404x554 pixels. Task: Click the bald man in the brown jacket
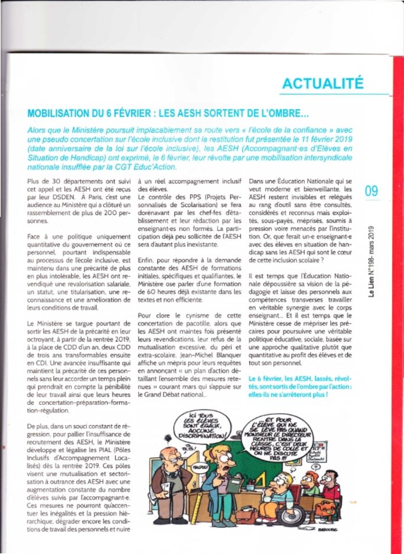coord(164,478)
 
